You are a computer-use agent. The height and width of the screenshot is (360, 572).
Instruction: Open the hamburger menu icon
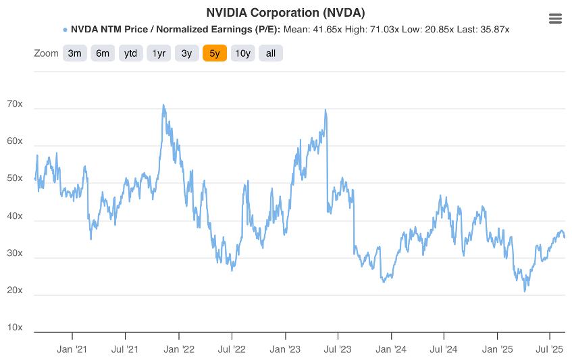click(x=556, y=19)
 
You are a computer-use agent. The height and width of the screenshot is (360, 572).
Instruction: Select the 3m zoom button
click(x=74, y=53)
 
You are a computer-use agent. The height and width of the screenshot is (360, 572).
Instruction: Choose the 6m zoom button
click(x=103, y=53)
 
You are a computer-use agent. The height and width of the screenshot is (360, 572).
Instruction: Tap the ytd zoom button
click(x=131, y=53)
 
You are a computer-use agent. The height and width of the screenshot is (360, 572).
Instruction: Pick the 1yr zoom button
click(x=159, y=53)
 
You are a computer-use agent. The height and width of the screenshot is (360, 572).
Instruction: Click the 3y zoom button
click(x=187, y=53)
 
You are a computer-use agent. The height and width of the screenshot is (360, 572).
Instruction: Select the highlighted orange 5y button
click(x=215, y=53)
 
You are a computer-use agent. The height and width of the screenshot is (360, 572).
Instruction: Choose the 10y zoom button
click(x=242, y=53)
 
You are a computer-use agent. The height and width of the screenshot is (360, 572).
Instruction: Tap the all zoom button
click(x=271, y=53)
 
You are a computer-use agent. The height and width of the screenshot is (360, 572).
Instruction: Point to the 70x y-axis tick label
click(x=15, y=105)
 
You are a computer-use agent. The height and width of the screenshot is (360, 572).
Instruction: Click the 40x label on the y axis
click(x=15, y=217)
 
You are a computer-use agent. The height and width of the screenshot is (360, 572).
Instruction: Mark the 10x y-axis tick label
click(x=15, y=328)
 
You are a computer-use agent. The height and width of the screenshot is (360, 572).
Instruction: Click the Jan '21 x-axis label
click(x=72, y=349)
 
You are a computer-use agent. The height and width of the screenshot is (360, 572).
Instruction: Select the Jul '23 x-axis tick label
click(x=338, y=349)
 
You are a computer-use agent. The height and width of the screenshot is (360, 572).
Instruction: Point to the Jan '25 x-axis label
click(x=498, y=349)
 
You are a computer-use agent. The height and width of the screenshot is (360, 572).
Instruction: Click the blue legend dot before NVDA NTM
click(x=65, y=30)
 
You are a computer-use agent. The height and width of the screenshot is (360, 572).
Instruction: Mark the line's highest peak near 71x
click(x=163, y=105)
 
